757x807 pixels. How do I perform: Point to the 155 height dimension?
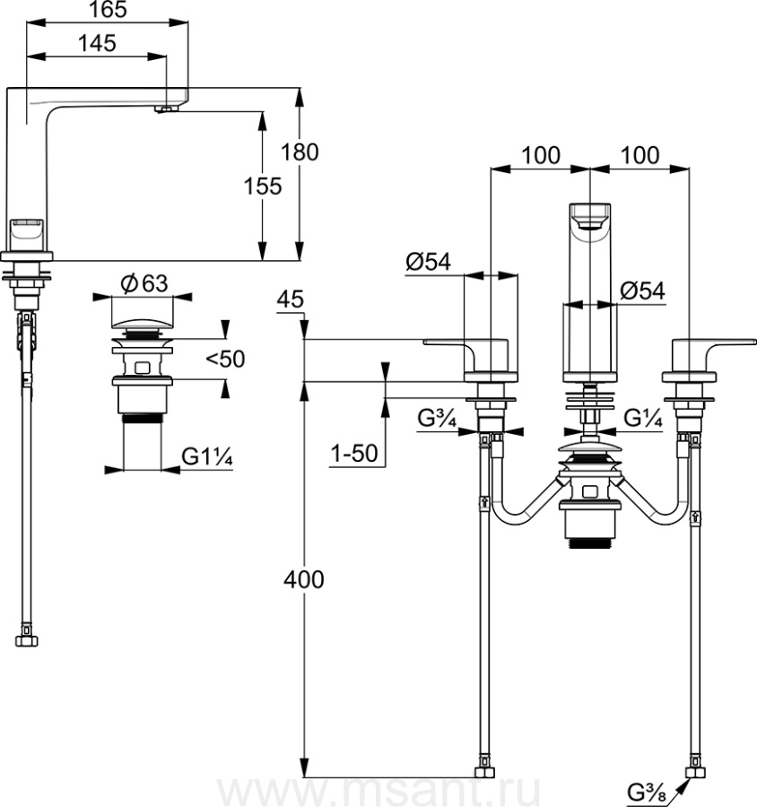(x=264, y=186)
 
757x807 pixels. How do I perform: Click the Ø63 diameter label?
(x=143, y=283)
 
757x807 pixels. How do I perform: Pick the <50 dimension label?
(x=224, y=360)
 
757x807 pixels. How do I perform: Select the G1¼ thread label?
(x=207, y=456)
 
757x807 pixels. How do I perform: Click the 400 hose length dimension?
(x=303, y=580)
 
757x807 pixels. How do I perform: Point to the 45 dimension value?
(x=291, y=299)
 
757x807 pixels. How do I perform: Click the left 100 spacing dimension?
(x=540, y=154)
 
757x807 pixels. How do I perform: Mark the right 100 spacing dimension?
(x=639, y=154)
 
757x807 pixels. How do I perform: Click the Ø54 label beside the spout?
(x=642, y=291)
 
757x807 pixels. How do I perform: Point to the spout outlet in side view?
(x=165, y=109)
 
